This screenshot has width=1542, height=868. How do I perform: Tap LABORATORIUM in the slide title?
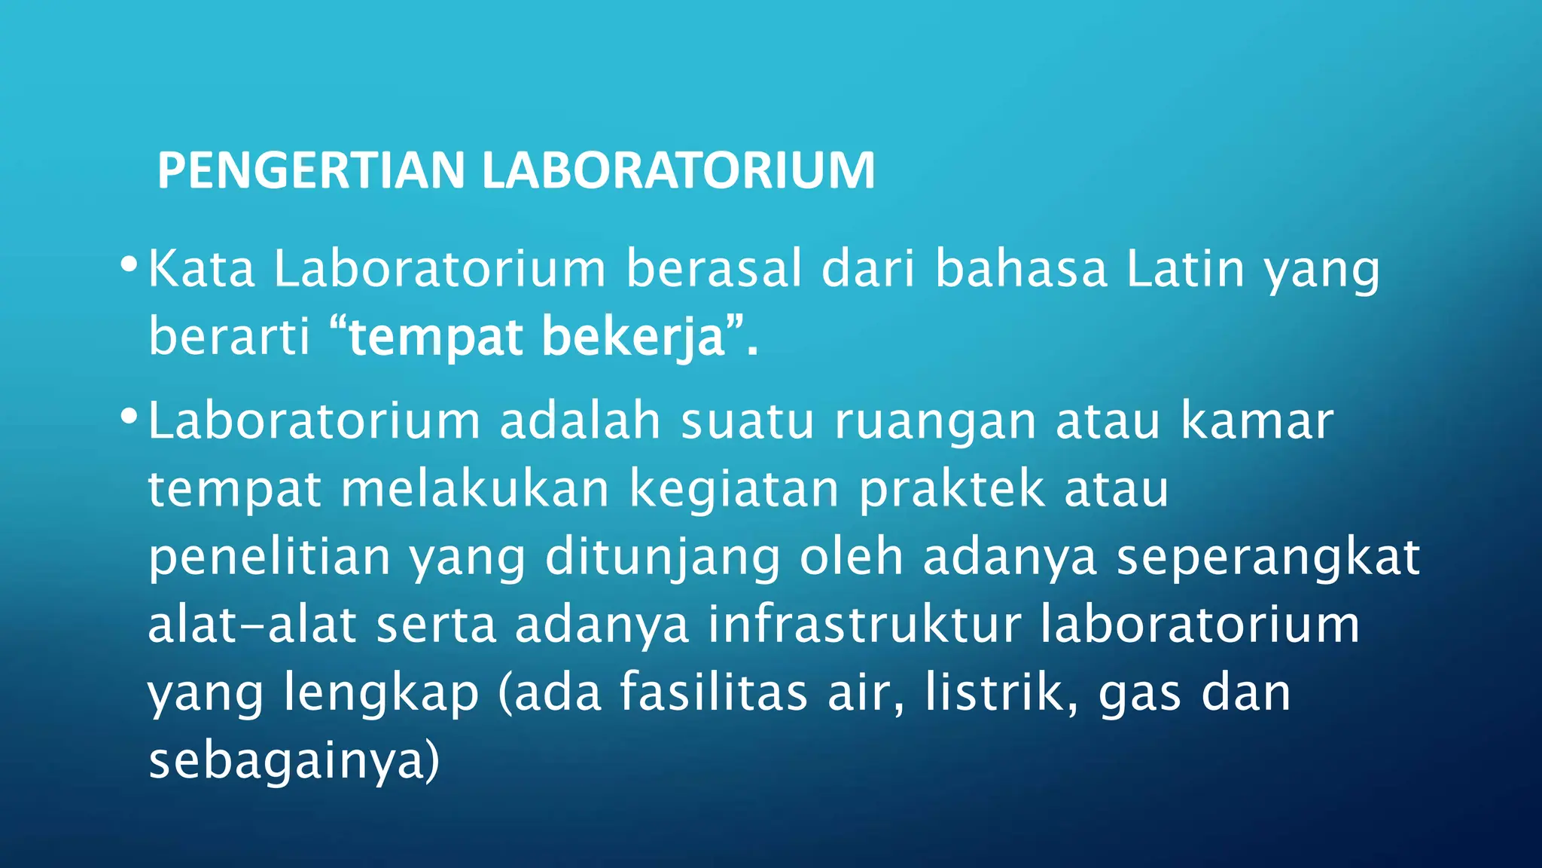pos(678,170)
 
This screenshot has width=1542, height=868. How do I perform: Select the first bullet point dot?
pos(129,265)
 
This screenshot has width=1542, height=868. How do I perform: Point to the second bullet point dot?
pos(129,417)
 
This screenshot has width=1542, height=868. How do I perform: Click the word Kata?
pos(202,269)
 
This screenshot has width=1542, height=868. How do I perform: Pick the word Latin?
pos(1185,269)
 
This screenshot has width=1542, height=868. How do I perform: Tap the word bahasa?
pos(1021,269)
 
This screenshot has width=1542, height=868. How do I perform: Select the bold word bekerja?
pos(632,337)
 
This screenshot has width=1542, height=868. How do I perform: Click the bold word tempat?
pos(437,337)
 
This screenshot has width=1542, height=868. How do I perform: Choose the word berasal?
pos(714,269)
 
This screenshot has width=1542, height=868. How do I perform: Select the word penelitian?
pos(270,557)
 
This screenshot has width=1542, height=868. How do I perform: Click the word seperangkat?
pos(1268,558)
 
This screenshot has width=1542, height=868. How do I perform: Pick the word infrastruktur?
pos(864,625)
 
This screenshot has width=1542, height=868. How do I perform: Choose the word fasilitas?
pos(714,692)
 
